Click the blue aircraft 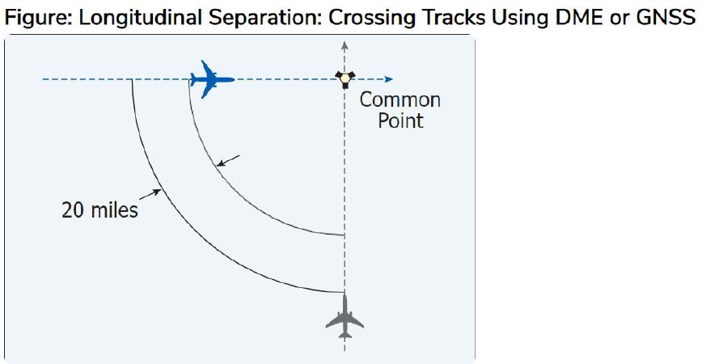pos(212,79)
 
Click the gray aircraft pos(345,317)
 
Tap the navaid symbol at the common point pos(345,78)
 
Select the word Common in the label pos(400,100)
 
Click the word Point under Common pos(400,121)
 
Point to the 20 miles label pos(99,210)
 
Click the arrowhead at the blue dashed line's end pos(389,79)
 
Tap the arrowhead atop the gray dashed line pos(345,44)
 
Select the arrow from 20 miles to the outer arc pos(149,193)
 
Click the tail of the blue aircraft pos(196,79)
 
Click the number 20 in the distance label pos(73,210)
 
